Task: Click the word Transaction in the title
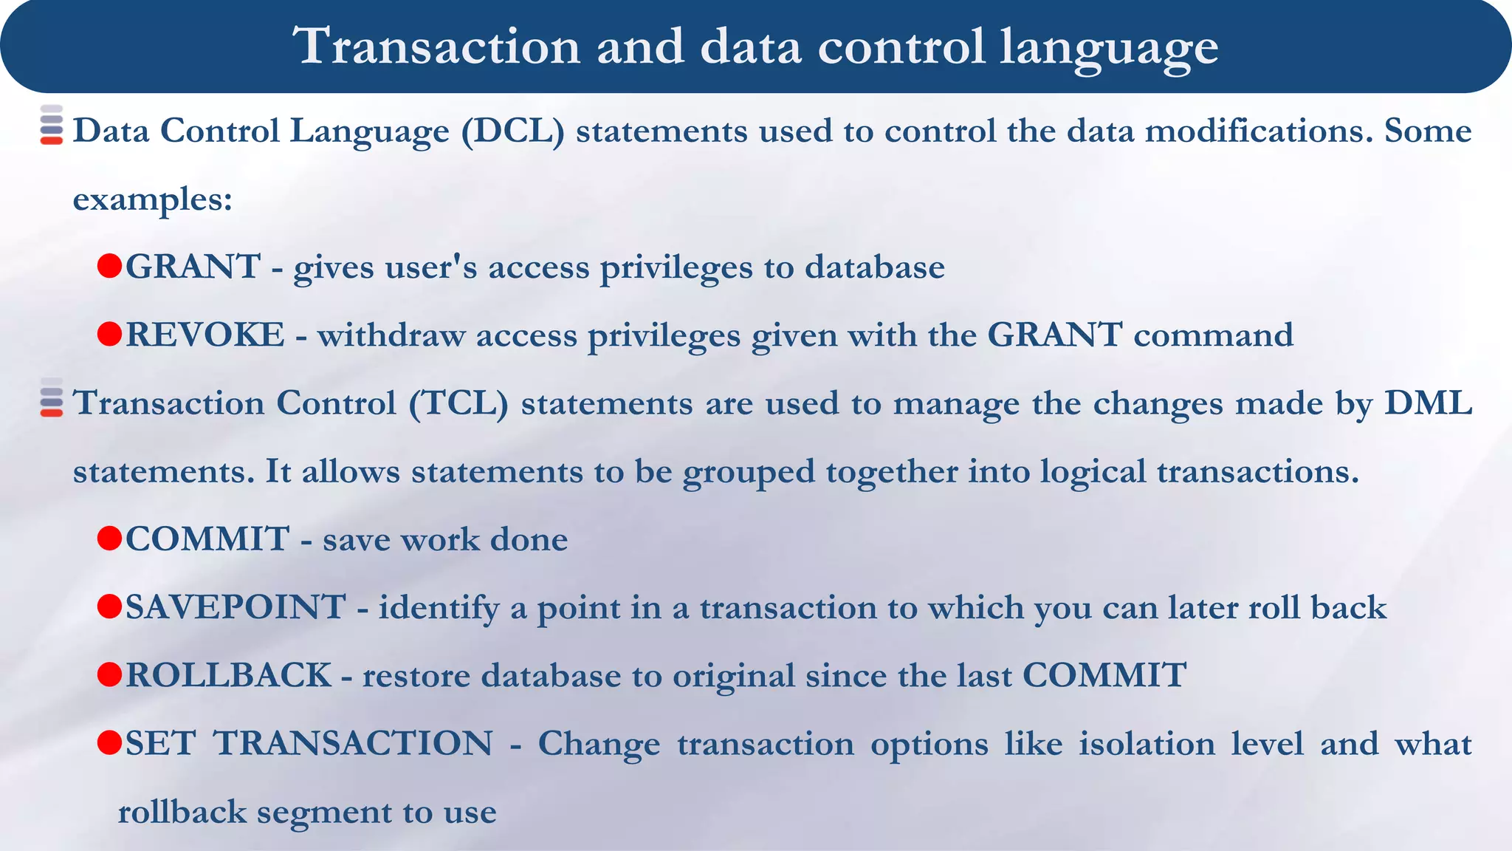pyautogui.click(x=436, y=46)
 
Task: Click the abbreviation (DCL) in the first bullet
pyautogui.click(x=512, y=131)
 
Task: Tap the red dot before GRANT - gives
pyautogui.click(x=109, y=266)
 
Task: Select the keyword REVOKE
pyautogui.click(x=205, y=335)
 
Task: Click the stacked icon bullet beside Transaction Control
pyautogui.click(x=52, y=398)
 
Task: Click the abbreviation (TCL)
pyautogui.click(x=458, y=404)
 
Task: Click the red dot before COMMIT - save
pyautogui.click(x=109, y=539)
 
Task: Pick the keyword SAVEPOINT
pyautogui.click(x=235, y=607)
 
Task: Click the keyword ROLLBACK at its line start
pyautogui.click(x=228, y=675)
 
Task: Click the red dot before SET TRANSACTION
pyautogui.click(x=109, y=742)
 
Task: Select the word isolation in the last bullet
pyautogui.click(x=1147, y=743)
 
